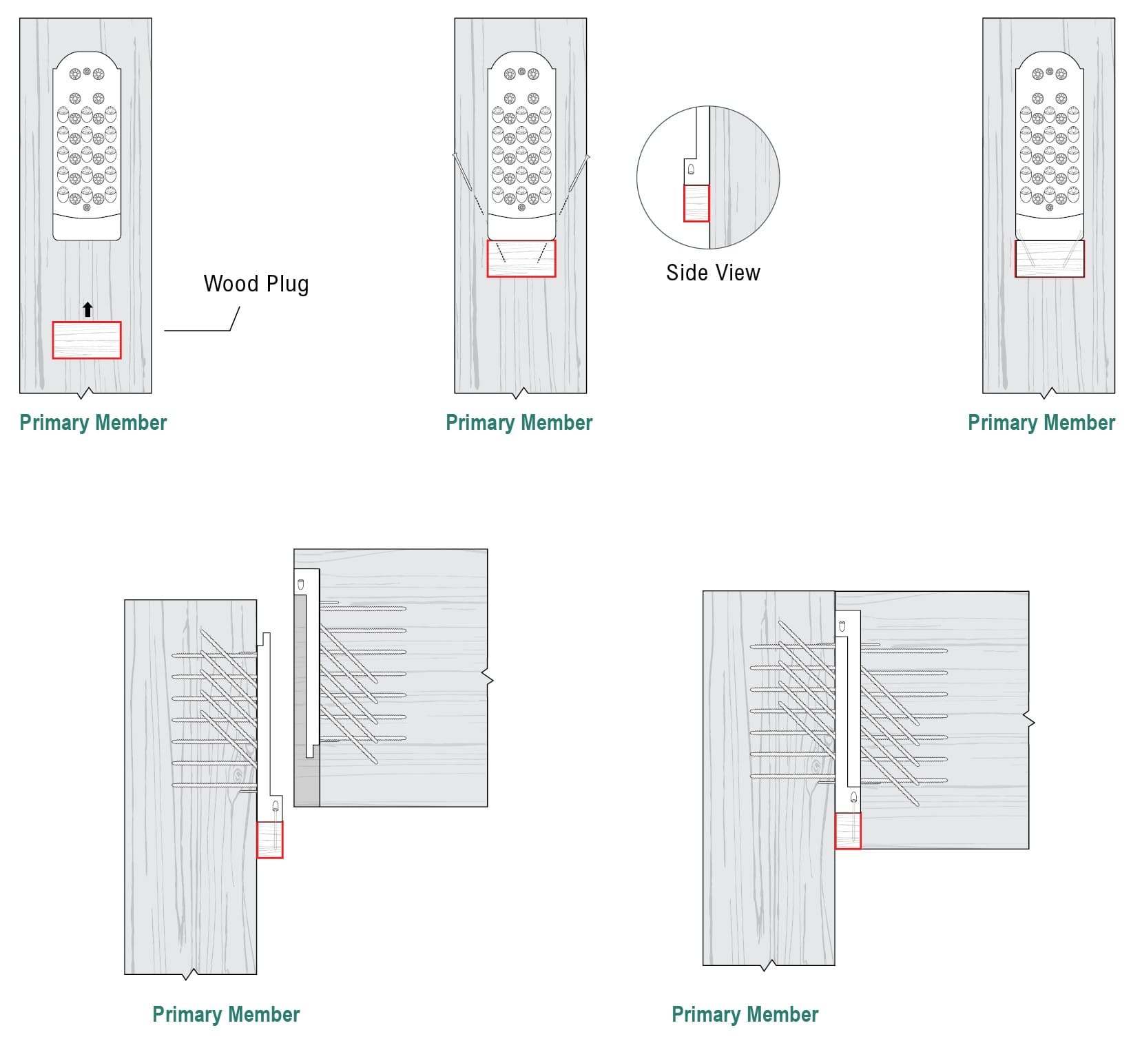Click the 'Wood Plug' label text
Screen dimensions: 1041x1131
pyautogui.click(x=256, y=284)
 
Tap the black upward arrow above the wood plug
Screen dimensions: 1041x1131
pyautogui.click(x=87, y=309)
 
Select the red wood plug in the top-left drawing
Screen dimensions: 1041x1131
pyautogui.click(x=87, y=340)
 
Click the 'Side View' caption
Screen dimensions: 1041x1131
pyautogui.click(x=713, y=273)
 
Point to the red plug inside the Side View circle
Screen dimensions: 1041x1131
pyautogui.click(x=696, y=204)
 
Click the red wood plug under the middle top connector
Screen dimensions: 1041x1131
pyautogui.click(x=521, y=259)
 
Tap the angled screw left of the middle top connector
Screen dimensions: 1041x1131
pyautogui.click(x=462, y=172)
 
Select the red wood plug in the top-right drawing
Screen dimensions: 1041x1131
pyautogui.click(x=1050, y=259)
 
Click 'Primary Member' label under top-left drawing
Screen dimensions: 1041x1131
pyautogui.click(x=93, y=422)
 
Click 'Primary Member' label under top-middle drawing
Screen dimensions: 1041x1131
pyautogui.click(x=519, y=422)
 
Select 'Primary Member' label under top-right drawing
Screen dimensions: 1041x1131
pyautogui.click(x=1041, y=422)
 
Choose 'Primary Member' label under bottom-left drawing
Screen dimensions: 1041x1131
pyautogui.click(x=226, y=1014)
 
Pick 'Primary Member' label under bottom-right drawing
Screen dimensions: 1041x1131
pyautogui.click(x=745, y=1014)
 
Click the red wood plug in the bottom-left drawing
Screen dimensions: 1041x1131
pyautogui.click(x=270, y=840)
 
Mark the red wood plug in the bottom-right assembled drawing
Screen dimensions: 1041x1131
pyautogui.click(x=848, y=831)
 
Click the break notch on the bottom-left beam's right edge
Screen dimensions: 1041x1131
pyautogui.click(x=490, y=680)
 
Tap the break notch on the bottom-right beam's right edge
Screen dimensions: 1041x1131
pyautogui.click(x=1030, y=721)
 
